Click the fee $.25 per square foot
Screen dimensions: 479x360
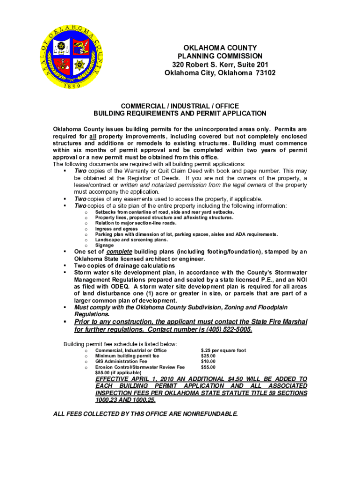point(223,350)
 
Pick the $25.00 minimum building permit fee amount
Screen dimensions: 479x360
point(209,356)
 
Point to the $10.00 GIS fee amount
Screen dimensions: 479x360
point(209,362)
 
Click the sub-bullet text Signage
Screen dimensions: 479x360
point(104,245)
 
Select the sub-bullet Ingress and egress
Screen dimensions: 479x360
point(116,229)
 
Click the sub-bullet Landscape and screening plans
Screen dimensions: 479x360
point(131,239)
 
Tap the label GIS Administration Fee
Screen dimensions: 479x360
point(121,362)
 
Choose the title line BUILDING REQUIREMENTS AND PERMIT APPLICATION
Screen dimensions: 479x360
point(180,114)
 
